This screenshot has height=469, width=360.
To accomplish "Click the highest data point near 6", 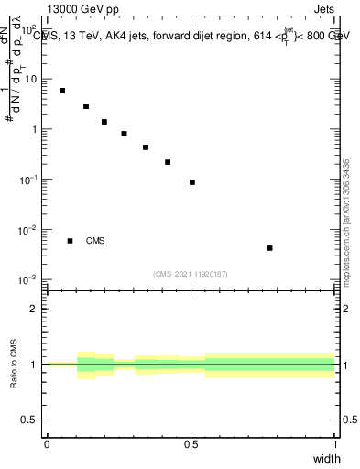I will (x=62, y=91).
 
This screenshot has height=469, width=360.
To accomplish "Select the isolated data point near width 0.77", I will (x=269, y=248).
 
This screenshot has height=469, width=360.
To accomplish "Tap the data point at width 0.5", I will (x=192, y=182).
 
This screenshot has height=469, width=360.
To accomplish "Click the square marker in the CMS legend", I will (x=71, y=241).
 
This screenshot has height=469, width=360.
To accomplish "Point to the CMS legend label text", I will (x=95, y=241).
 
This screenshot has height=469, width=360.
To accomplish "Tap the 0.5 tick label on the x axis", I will (x=191, y=443).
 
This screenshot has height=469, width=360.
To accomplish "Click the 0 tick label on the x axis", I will (x=47, y=443).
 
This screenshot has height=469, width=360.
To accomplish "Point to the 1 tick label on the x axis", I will (x=334, y=443).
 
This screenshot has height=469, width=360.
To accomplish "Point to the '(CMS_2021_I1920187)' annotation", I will (x=191, y=274).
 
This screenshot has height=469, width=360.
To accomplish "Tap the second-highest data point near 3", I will (x=86, y=106).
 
